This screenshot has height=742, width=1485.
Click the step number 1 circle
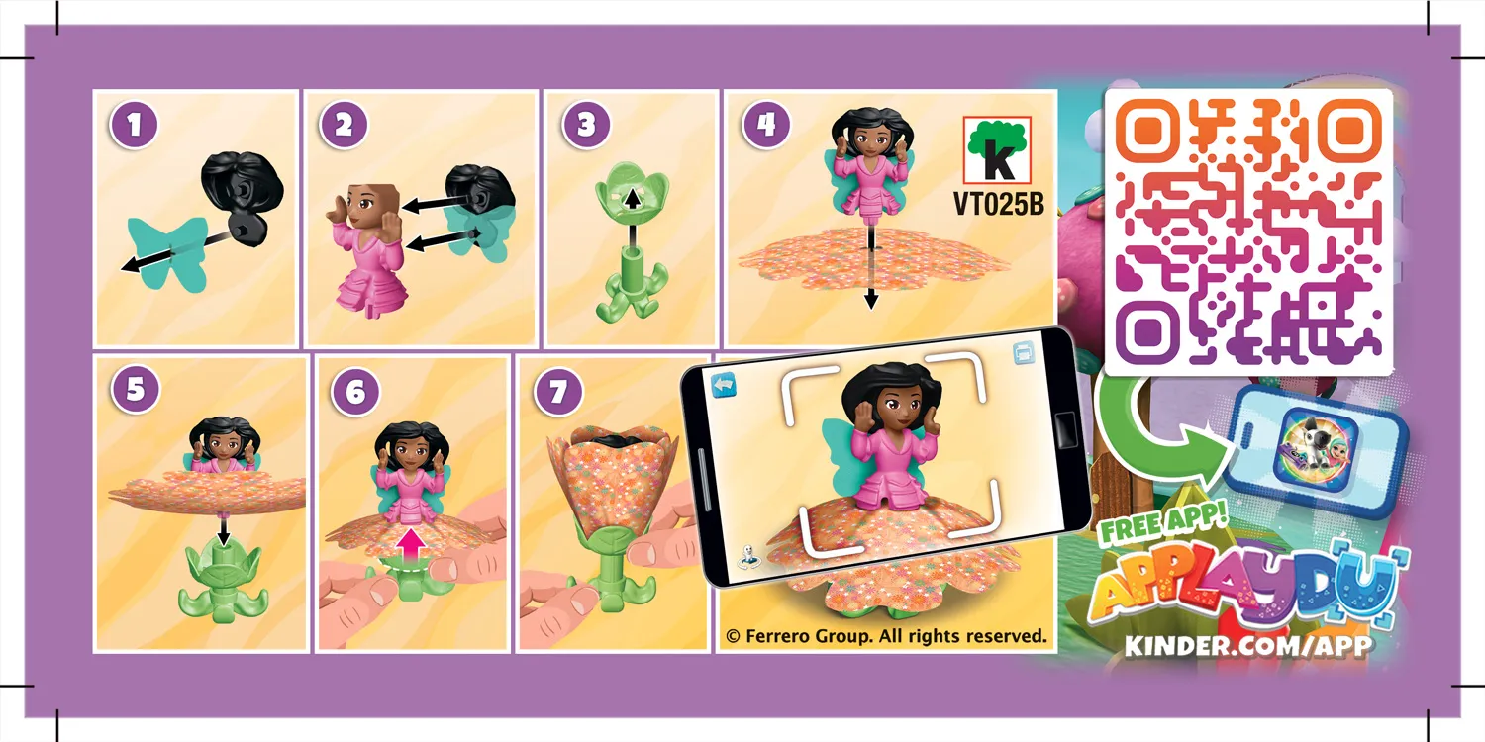[x=135, y=127]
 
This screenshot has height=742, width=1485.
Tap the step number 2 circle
[x=344, y=127]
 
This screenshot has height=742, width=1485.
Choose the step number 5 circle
[x=135, y=389]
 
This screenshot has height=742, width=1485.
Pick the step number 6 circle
[x=354, y=392]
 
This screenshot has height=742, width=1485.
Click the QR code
[x=1247, y=232]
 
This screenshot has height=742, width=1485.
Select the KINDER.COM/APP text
[x=1248, y=646]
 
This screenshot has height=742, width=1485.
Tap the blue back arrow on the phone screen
[x=725, y=382]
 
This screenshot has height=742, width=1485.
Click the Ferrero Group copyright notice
[x=886, y=635]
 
